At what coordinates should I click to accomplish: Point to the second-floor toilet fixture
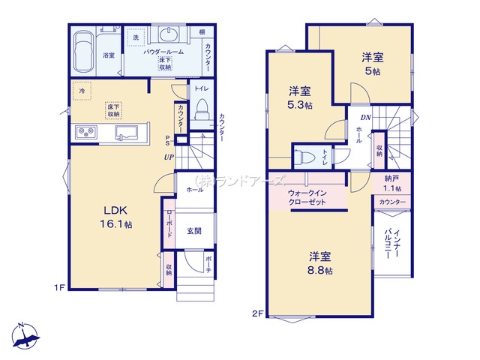click(x=304, y=158)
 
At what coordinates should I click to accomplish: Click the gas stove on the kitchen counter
click(x=85, y=133)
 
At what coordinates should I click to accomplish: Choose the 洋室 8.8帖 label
click(x=319, y=262)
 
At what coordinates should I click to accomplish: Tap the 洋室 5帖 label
click(x=371, y=64)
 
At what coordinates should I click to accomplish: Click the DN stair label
click(x=366, y=118)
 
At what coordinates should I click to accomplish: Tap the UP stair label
click(x=170, y=157)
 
